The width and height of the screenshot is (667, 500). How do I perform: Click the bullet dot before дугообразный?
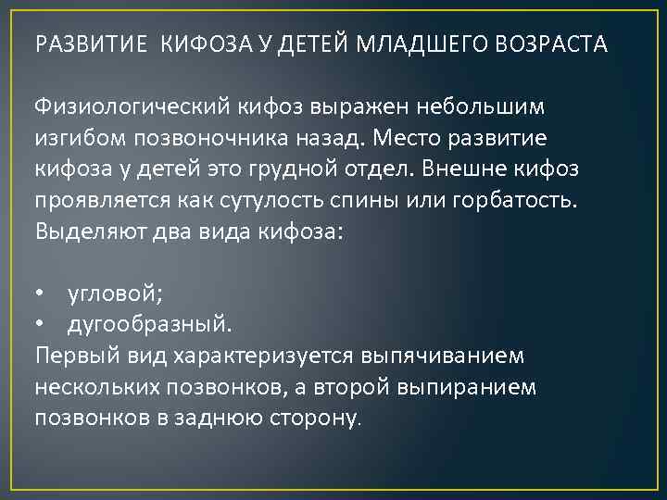pos(40,326)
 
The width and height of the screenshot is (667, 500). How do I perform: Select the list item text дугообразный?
pos(150,326)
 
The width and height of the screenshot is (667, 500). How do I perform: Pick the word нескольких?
pos(97,388)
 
